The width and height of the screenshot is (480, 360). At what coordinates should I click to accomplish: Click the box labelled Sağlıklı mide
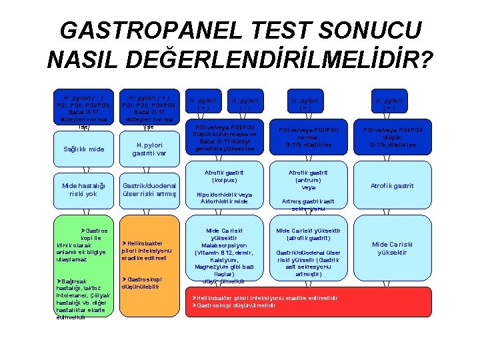pos(83,149)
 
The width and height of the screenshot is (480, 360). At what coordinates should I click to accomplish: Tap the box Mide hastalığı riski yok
pos(83,189)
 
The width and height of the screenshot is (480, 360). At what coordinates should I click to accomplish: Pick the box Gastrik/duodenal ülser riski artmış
pos(149,189)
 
